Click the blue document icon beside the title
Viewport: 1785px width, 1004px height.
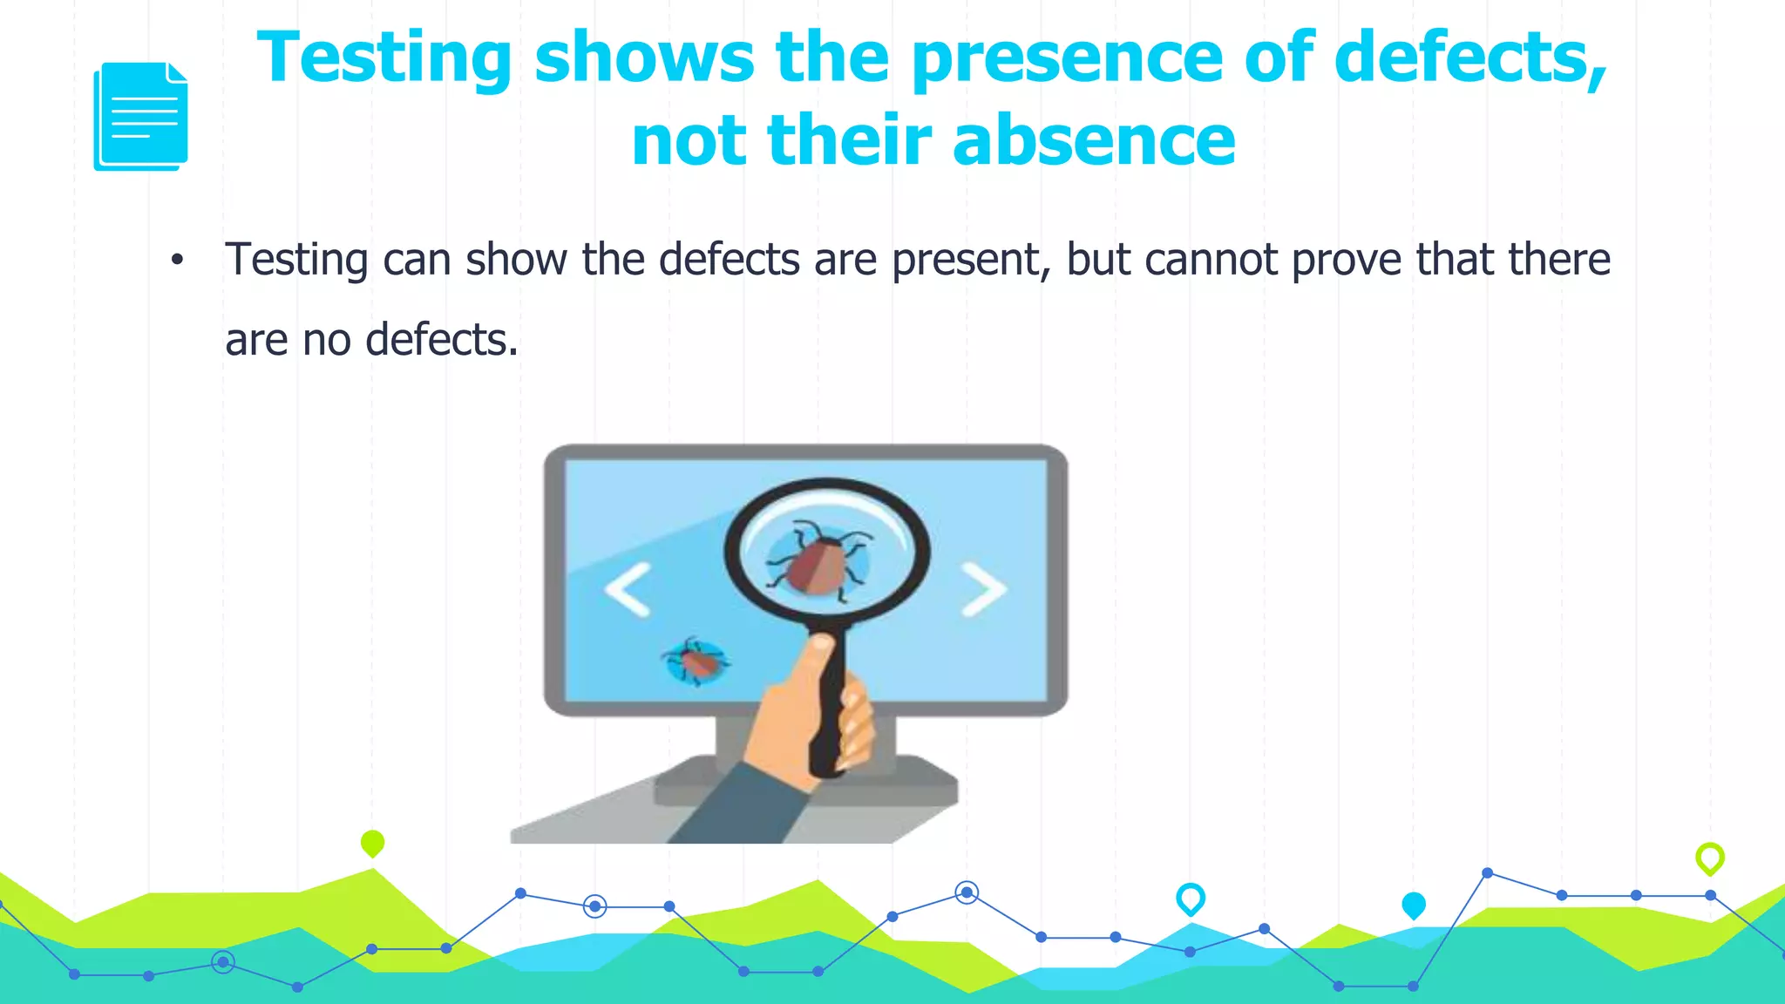pos(140,116)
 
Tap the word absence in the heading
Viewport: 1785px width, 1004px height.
pos(1094,140)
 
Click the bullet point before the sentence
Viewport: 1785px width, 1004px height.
pos(178,260)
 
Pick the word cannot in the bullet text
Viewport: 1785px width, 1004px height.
pos(1211,260)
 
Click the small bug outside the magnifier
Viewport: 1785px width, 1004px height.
pos(696,661)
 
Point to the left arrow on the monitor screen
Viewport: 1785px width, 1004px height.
pos(628,589)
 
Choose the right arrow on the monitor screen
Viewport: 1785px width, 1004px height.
pos(984,589)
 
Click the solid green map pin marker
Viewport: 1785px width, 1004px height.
pos(372,843)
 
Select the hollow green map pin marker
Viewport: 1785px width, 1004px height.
pos(1709,858)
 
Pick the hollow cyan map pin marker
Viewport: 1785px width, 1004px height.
pos(1190,898)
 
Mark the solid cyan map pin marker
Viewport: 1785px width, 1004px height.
pos(1413,905)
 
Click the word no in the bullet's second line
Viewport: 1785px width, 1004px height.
pos(326,340)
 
